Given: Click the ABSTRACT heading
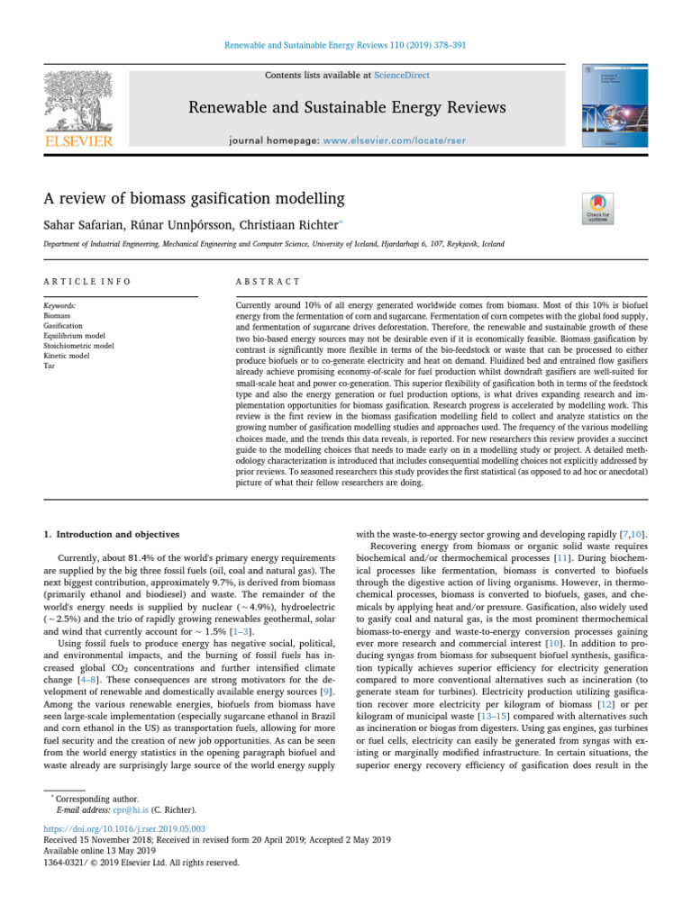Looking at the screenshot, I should [268, 282].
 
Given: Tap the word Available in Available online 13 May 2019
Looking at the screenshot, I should [63, 851].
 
